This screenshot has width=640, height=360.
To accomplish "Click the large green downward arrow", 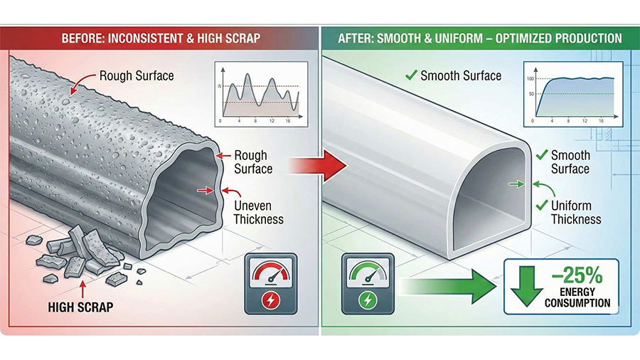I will [525, 287].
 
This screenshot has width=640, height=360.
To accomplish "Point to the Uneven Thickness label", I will [259, 213].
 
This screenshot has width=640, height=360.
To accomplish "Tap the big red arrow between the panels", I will [318, 169].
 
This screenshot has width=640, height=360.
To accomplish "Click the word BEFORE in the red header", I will [84, 37].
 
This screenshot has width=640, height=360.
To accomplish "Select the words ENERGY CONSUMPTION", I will [577, 298].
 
